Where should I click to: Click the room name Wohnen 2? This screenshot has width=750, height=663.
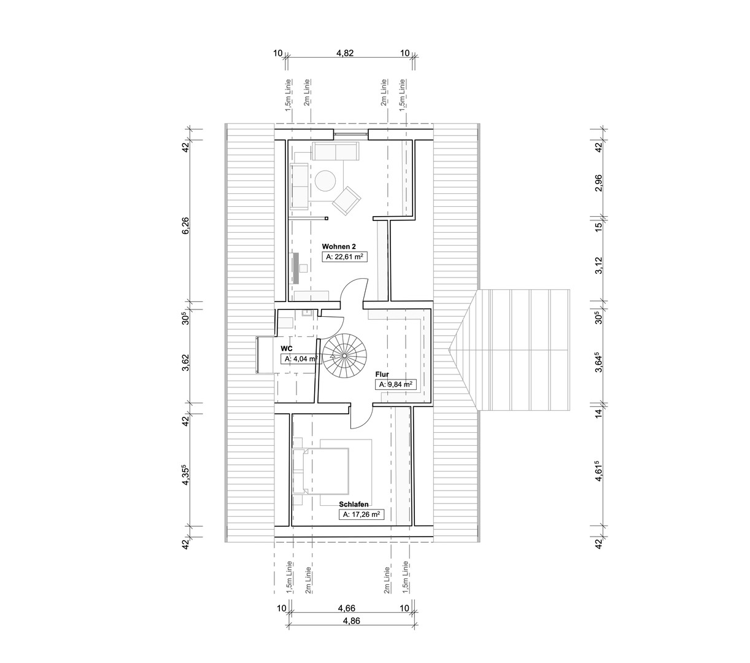tap(339, 247)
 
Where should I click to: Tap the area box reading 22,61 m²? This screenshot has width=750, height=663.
tap(344, 257)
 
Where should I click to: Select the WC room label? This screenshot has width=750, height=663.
tap(287, 349)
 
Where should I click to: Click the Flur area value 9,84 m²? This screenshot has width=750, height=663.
tap(395, 385)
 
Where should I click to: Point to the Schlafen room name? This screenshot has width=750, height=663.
tap(354, 504)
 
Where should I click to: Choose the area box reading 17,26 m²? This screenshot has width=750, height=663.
tap(361, 514)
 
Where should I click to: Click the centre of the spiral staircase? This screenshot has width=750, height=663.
tap(344, 355)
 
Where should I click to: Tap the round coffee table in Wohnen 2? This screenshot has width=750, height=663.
tap(325, 180)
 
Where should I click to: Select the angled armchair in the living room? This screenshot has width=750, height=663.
tap(347, 201)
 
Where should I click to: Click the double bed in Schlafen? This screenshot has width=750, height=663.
tap(320, 471)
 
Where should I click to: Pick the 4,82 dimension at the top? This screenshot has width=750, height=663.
tap(345, 53)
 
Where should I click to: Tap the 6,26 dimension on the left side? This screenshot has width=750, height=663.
tap(185, 225)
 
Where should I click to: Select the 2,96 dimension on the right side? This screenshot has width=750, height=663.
tap(598, 183)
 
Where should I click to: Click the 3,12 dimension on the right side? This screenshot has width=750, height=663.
tap(598, 266)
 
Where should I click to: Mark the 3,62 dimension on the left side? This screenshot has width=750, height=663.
tap(185, 362)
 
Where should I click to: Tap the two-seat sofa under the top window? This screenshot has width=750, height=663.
tap(336, 151)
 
